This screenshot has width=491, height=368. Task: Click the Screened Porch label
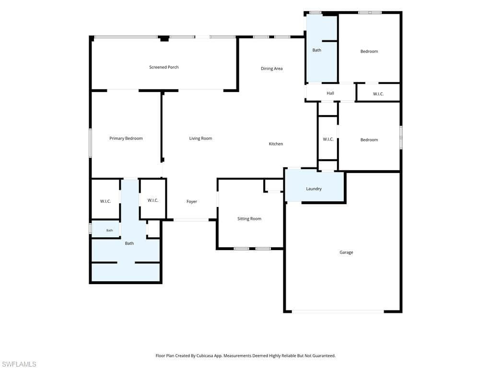click(x=164, y=67)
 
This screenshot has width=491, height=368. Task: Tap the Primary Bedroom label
click(x=126, y=138)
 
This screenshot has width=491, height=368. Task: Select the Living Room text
click(x=200, y=138)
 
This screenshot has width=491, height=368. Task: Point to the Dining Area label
click(x=271, y=69)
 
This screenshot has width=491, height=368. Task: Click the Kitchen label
click(x=276, y=144)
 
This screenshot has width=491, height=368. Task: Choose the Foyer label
click(x=192, y=202)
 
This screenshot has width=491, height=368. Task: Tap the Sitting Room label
click(x=249, y=218)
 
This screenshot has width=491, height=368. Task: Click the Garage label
click(x=346, y=252)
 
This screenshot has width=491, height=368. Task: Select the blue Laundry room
click(x=315, y=186)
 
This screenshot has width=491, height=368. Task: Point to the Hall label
click(x=330, y=93)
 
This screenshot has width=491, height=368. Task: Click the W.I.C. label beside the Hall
click(x=378, y=94)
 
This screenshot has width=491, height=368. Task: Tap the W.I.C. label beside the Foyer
click(x=153, y=200)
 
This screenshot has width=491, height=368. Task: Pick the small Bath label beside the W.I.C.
click(x=110, y=230)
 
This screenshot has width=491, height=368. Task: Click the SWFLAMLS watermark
click(x=18, y=364)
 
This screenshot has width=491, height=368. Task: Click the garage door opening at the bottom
click(x=338, y=311)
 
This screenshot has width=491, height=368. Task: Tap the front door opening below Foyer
click(x=191, y=220)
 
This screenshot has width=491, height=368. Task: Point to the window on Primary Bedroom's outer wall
click(x=91, y=143)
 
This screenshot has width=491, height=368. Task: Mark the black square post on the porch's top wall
click(x=164, y=39)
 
